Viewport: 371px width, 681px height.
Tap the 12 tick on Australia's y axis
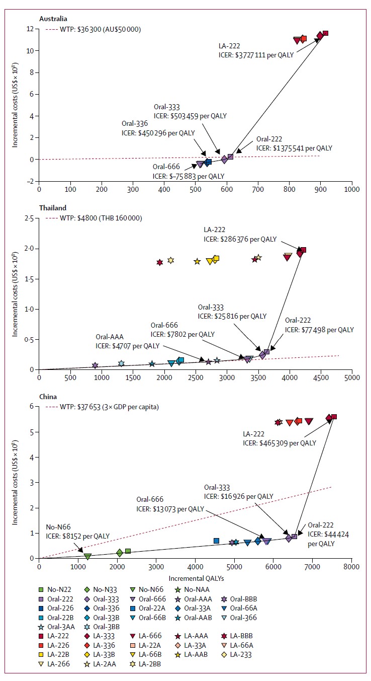coord(30,29)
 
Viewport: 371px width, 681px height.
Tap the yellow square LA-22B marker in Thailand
coord(216,259)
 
